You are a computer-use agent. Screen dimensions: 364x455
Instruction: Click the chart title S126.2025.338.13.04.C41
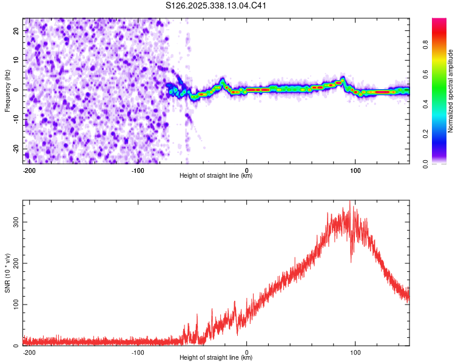(217, 6)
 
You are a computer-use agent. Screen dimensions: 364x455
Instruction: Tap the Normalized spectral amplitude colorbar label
(450, 91)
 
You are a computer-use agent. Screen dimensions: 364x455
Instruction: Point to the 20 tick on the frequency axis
(16, 30)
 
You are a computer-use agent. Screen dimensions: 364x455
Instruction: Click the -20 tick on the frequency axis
(15, 149)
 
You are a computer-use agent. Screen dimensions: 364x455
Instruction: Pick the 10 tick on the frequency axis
(16, 60)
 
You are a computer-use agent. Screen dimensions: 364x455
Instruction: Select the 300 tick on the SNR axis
(16, 222)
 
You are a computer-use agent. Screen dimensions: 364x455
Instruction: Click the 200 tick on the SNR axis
(16, 263)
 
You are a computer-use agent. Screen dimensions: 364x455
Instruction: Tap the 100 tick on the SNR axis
(16, 305)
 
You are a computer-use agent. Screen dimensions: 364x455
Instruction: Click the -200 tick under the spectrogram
(29, 170)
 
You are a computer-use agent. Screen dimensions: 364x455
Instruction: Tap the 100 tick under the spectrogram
(356, 170)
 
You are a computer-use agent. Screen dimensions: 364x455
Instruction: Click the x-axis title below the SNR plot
(216, 358)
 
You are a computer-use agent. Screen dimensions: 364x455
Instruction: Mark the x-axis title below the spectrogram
(216, 176)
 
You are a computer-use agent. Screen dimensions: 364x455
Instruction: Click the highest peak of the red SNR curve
(349, 202)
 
